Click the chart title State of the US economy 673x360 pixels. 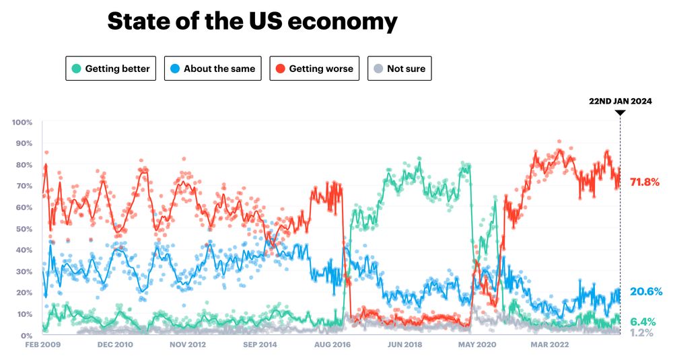(252, 22)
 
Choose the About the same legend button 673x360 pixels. (213, 69)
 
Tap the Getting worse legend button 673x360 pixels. (315, 69)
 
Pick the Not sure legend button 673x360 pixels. (400, 69)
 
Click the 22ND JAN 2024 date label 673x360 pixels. (620, 101)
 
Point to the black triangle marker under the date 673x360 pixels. (621, 112)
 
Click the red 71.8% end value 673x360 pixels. (645, 182)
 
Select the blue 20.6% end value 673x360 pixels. (646, 291)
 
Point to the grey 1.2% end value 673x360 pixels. (641, 332)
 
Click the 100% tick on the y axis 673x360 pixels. (22, 122)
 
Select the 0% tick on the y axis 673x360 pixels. (26, 335)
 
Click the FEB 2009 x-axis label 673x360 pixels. (42, 345)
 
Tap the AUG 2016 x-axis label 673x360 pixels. (332, 345)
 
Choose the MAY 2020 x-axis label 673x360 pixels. (476, 345)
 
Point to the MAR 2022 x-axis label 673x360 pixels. (550, 345)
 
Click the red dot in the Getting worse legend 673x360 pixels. (279, 69)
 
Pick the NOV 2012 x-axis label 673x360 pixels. (187, 345)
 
